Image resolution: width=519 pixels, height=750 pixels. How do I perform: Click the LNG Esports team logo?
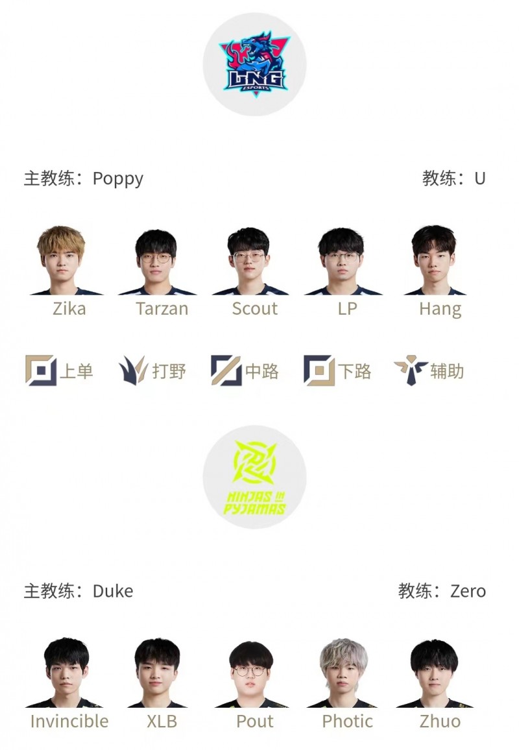(254, 65)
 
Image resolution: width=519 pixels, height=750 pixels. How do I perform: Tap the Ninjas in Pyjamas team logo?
(254, 478)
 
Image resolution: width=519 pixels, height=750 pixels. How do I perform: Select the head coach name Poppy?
(118, 178)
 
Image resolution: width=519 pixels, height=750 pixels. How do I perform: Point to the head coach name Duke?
(113, 591)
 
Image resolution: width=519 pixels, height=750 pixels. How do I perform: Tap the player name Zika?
(69, 309)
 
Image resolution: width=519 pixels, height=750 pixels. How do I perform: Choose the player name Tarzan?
(162, 309)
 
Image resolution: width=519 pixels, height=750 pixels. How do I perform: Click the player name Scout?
(254, 309)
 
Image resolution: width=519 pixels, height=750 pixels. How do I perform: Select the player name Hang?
(440, 309)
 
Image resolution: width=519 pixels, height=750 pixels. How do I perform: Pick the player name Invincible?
(69, 721)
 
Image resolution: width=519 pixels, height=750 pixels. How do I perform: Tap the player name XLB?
(162, 721)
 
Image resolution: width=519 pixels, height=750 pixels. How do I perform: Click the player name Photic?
(347, 721)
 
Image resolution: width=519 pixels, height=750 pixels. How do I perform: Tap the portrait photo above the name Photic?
(343, 673)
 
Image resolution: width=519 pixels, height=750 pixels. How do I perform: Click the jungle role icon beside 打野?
(133, 370)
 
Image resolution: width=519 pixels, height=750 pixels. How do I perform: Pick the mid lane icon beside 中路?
(226, 370)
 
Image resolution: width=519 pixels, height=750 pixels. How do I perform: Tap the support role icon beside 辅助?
(410, 370)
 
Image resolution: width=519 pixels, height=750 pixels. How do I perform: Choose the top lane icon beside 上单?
(40, 370)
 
